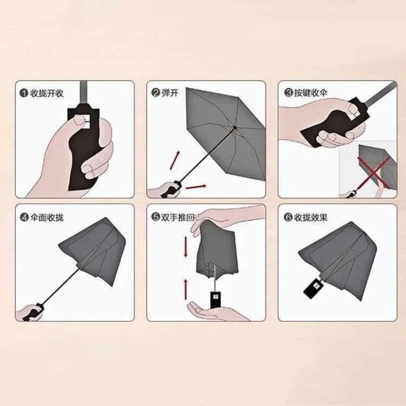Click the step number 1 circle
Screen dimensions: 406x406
pyautogui.click(x=24, y=93)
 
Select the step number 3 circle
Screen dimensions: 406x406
pyautogui.click(x=288, y=93)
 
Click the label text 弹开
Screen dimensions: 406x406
pyautogui.click(x=170, y=93)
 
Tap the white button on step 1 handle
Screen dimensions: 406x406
pyautogui.click(x=83, y=119)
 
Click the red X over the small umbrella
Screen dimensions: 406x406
pyautogui.click(x=369, y=170)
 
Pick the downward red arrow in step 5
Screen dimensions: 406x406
pyautogui.click(x=186, y=247)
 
